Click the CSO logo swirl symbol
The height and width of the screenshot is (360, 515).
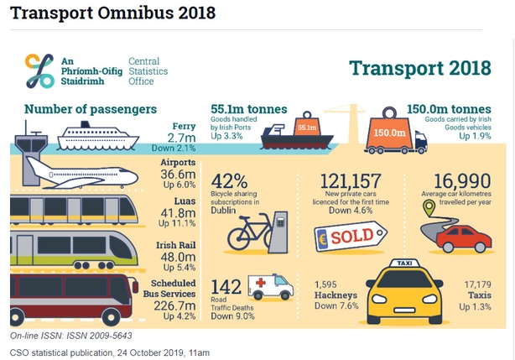(x=39, y=70)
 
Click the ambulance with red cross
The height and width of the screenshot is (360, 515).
(x=275, y=287)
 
